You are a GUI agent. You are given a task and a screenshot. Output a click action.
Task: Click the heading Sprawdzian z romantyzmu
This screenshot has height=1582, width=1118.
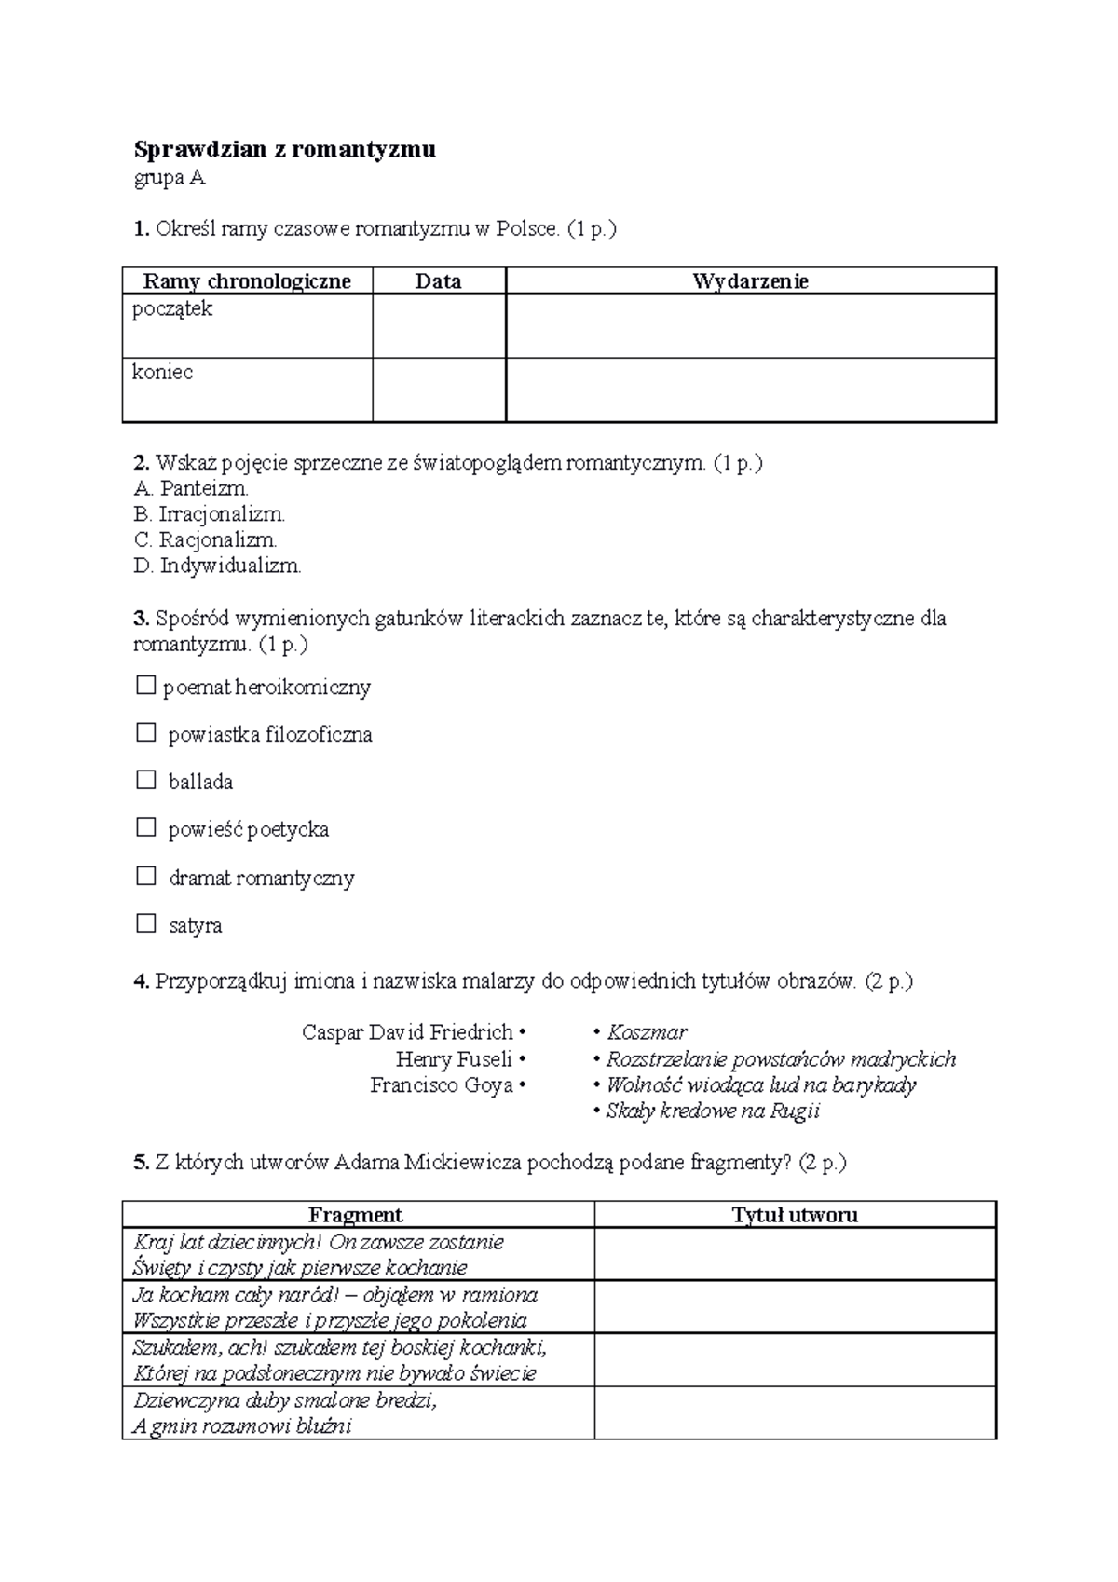pos(284,149)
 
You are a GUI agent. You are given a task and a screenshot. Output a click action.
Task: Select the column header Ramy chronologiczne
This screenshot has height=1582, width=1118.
pos(247,281)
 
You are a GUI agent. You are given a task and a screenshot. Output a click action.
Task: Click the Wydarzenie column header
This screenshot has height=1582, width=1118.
pos(750,281)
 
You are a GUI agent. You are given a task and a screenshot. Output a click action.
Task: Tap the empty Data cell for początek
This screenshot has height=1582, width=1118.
pos(439,326)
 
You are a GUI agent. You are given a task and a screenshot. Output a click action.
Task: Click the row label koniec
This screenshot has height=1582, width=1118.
pos(163,373)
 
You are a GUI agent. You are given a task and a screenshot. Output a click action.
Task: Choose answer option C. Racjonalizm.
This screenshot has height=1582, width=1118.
pos(206,539)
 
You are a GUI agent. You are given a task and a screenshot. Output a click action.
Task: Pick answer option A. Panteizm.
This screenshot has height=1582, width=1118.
pos(192,488)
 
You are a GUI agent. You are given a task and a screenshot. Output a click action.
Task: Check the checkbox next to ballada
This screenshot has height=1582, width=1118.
pos(146,780)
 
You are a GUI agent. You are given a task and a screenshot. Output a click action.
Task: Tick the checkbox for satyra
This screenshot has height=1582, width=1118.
pos(146,923)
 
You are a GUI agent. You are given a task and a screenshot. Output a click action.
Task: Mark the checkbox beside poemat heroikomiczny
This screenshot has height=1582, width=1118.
pos(145,686)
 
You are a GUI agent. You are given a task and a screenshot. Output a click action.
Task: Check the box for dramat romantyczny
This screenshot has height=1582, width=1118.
pos(146,876)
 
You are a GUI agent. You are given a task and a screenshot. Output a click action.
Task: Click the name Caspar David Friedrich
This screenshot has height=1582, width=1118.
pos(408,1032)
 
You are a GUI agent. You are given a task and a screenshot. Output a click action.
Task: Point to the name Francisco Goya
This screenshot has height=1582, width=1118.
pos(443,1085)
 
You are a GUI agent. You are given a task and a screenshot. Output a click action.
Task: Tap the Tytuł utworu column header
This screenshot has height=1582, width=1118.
pos(795,1215)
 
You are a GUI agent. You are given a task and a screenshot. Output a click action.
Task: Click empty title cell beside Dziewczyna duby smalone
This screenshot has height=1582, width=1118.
pos(795,1412)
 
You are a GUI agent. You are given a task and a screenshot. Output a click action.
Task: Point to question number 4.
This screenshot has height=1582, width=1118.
pos(142,981)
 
